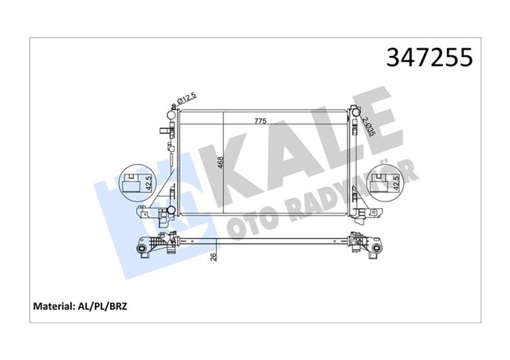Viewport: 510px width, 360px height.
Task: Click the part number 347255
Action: pyautogui.click(x=430, y=57)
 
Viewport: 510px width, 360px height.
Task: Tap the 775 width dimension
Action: pyautogui.click(x=260, y=121)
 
